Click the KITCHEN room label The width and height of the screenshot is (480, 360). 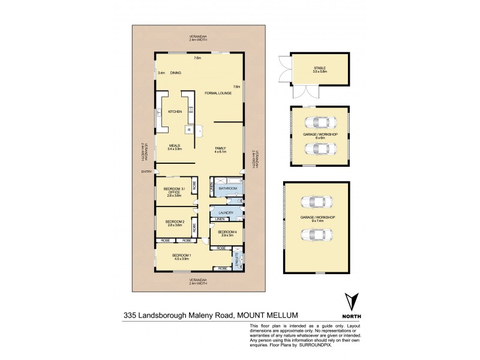[175, 112]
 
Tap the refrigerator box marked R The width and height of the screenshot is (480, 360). [189, 130]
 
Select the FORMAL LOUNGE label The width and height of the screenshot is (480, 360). [218, 94]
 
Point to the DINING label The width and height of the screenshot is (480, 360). [175, 73]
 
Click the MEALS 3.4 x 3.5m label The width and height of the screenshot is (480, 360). [175, 148]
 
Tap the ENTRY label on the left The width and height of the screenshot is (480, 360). [146, 172]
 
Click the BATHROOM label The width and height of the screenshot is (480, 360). [227, 188]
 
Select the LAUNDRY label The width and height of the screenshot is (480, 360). [226, 212]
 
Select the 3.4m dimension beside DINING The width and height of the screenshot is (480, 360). [161, 73]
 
